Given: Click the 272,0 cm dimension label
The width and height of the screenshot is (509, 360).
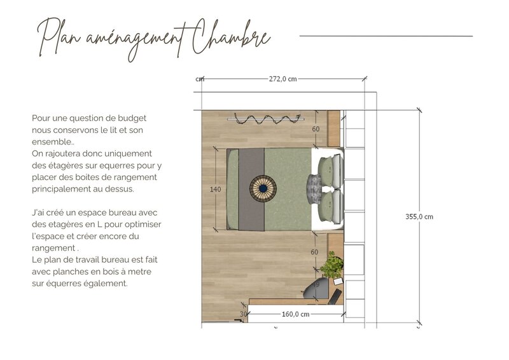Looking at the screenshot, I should pyautogui.click(x=283, y=79).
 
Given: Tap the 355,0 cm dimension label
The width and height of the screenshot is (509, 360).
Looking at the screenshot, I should pyautogui.click(x=419, y=216).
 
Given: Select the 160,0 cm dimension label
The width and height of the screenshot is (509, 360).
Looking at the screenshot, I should pyautogui.click(x=295, y=314).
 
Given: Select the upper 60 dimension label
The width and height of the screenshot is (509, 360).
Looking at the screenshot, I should pyautogui.click(x=315, y=129).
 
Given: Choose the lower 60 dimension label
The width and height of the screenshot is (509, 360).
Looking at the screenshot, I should pyautogui.click(x=314, y=252).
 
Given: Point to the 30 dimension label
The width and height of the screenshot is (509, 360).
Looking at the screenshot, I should pyautogui.click(x=243, y=314).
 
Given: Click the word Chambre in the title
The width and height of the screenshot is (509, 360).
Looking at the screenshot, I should pyautogui.click(x=230, y=38).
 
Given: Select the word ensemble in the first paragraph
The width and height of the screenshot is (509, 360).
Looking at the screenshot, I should pyautogui.click(x=51, y=142).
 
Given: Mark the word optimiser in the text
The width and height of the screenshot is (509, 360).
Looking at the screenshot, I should pyautogui.click(x=144, y=225).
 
